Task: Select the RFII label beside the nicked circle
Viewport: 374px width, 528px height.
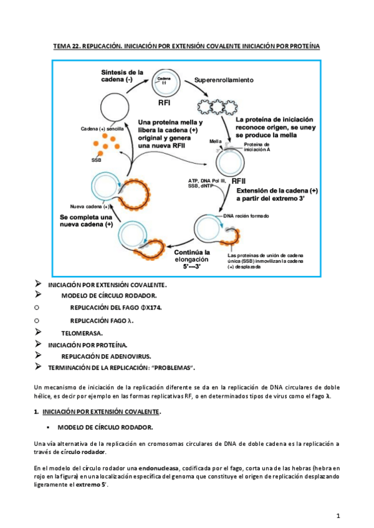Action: tap(239, 181)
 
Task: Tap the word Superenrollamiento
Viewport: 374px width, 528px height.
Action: tap(224, 81)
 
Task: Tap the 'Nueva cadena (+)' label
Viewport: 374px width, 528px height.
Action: tap(90, 206)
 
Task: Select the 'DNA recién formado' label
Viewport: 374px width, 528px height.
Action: tap(247, 217)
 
